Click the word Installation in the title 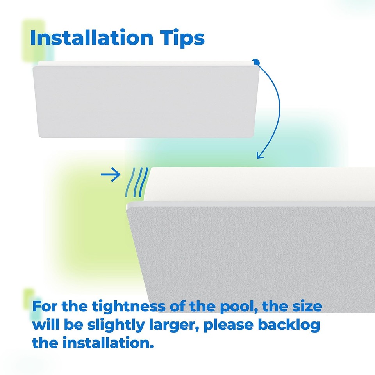click(91, 38)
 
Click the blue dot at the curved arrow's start click(255, 62)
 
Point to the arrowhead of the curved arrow click(259, 155)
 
